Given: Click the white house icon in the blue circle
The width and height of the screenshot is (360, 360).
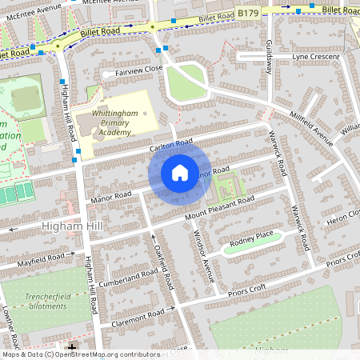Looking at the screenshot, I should click(180, 173).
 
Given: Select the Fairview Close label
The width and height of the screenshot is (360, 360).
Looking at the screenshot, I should click(138, 70).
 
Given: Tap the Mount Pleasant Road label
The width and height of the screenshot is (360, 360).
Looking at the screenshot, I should click(219, 206).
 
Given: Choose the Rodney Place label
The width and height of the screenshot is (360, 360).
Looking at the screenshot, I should click(251, 237).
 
